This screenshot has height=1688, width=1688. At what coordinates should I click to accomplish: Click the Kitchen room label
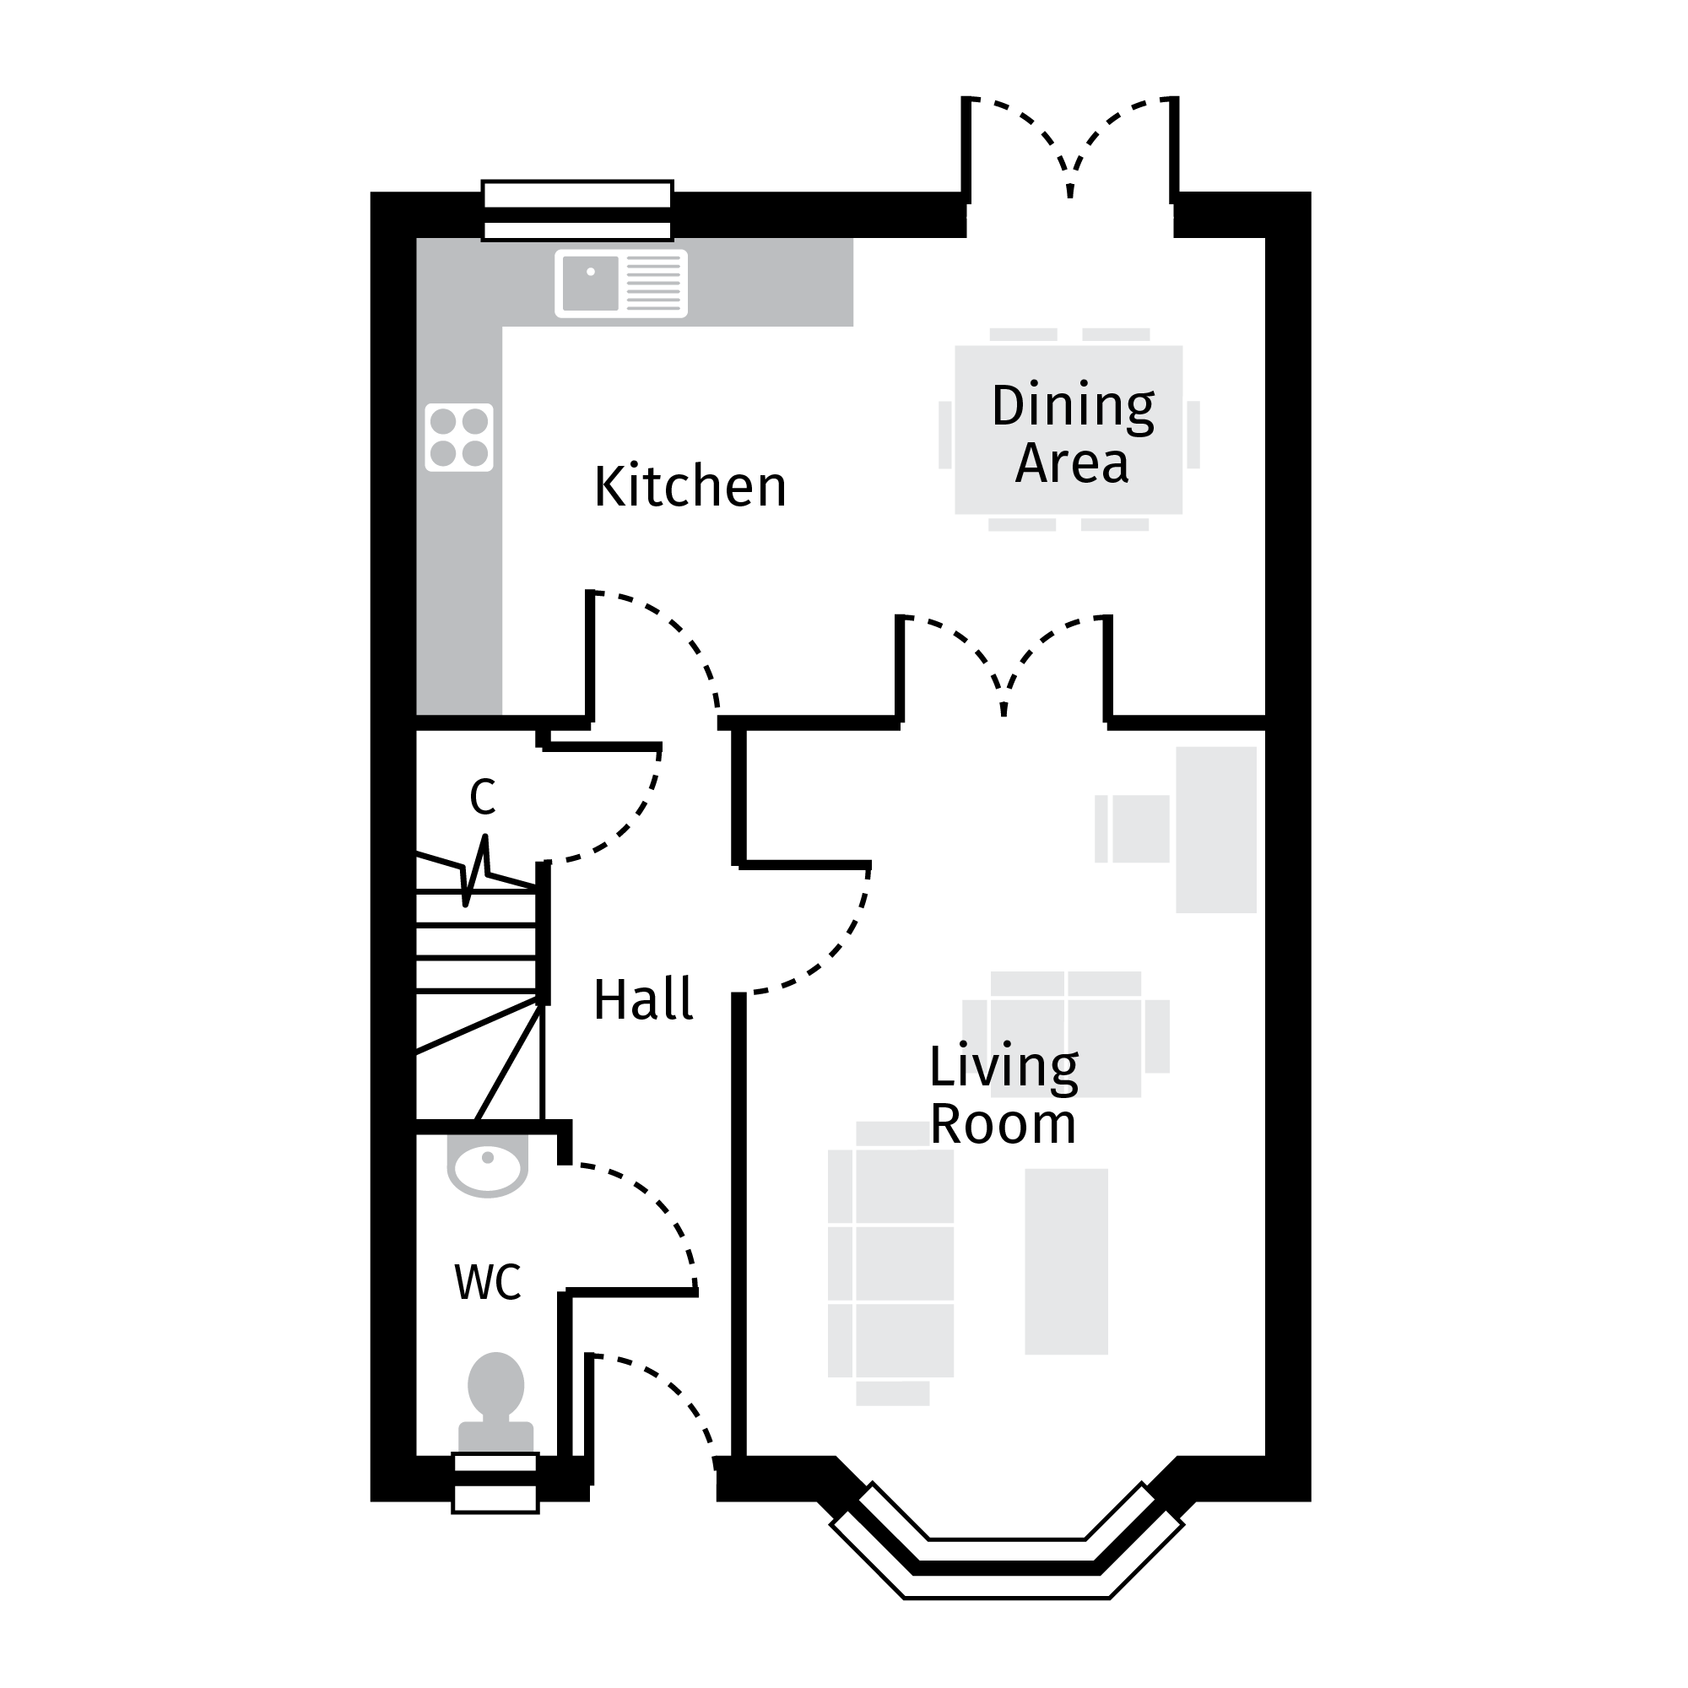click(690, 487)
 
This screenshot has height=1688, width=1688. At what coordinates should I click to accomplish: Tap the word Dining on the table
click(1073, 406)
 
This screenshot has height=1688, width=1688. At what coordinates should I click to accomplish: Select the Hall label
click(643, 999)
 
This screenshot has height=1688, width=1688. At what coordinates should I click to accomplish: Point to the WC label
click(488, 1283)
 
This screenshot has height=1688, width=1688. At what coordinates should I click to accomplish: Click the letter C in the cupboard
click(482, 796)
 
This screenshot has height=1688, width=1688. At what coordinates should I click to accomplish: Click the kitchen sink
click(620, 283)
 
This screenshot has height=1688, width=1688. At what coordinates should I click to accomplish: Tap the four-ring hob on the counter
click(458, 437)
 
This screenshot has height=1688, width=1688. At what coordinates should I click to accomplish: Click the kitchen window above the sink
click(576, 209)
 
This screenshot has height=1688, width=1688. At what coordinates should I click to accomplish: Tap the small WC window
click(495, 1482)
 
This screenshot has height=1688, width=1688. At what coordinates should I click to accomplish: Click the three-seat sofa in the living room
click(891, 1263)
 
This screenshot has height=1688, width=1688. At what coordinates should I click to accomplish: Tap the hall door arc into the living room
click(830, 957)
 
